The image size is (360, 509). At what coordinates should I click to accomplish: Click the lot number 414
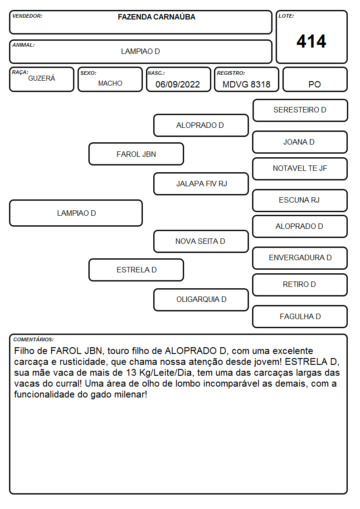[x=311, y=41]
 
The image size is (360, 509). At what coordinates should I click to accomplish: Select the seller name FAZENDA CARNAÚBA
[x=156, y=17]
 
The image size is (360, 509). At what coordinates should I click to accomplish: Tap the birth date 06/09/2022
[x=178, y=84]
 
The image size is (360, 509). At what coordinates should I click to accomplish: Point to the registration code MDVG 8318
[x=246, y=84]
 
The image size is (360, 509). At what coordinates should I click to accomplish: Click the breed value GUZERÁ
[x=42, y=78]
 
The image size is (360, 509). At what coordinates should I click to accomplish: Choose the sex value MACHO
[x=110, y=83]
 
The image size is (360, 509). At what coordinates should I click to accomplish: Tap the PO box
[x=315, y=79]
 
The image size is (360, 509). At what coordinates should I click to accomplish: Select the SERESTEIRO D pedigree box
[x=300, y=111]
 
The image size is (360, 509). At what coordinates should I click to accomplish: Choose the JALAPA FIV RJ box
[x=201, y=184]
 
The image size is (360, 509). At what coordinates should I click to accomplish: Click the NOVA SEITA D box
[x=201, y=241]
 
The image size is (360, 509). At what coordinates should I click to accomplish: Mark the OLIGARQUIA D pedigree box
[x=201, y=300]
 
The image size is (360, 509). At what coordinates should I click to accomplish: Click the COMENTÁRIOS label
[x=34, y=339]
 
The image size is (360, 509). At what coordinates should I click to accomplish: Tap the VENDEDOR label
[x=27, y=16]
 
